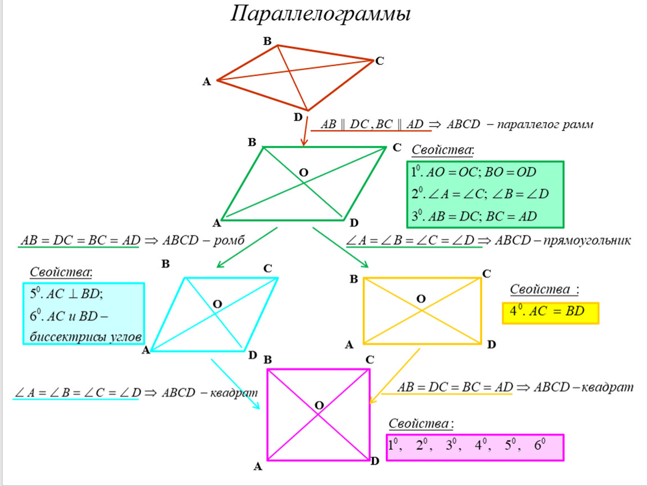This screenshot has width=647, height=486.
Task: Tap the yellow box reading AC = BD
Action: point(550,312)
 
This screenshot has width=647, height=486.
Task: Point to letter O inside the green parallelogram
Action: point(303,173)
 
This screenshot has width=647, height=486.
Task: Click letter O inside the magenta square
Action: point(319,405)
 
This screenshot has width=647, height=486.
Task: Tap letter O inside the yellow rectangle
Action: point(421,298)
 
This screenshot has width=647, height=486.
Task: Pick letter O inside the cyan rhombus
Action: point(217,304)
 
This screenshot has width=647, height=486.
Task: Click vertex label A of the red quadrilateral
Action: point(206,82)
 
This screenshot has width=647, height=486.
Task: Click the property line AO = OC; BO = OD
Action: point(474,172)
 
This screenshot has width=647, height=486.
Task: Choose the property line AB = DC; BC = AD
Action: point(474,216)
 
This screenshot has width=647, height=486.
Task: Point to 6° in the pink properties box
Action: point(540,446)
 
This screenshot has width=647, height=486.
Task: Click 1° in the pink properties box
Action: point(394,446)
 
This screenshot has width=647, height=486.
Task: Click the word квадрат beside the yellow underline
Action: point(607,388)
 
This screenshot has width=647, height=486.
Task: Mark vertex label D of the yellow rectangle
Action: point(491,345)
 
